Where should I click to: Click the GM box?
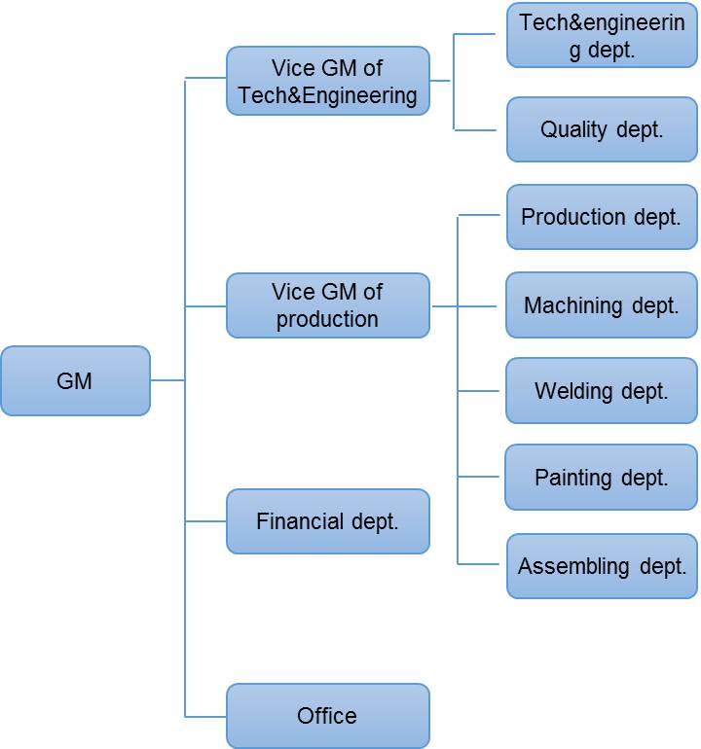tap(75, 381)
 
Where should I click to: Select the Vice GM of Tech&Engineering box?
tap(328, 82)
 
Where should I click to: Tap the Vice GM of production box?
tap(328, 305)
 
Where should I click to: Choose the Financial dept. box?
tap(328, 521)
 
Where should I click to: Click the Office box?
tap(328, 716)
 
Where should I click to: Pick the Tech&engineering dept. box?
tap(602, 36)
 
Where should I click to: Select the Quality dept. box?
tap(602, 128)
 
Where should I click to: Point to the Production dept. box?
tap(602, 217)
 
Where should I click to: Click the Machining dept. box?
tap(602, 305)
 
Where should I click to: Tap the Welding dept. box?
tap(602, 391)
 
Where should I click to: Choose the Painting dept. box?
tap(602, 478)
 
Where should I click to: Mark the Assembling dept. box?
tap(602, 566)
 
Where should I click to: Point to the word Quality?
tap(573, 128)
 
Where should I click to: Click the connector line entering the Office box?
tap(205, 717)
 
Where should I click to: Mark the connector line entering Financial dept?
tap(205, 521)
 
